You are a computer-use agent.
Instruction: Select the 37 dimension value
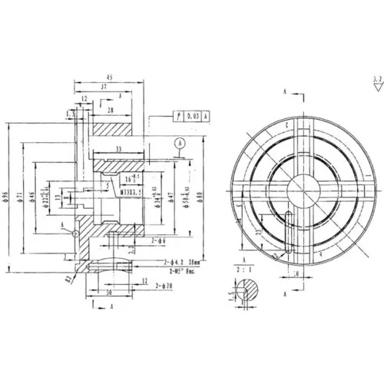104,88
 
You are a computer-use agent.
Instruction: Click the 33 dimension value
118,148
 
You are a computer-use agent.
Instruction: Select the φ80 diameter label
200,202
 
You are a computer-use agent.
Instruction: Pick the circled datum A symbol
179,142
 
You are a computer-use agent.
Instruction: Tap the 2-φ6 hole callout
159,240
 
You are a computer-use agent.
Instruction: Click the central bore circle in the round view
300,188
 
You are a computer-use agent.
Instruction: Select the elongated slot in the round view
287,230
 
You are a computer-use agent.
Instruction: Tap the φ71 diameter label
18,199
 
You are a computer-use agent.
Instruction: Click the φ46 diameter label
31,199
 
